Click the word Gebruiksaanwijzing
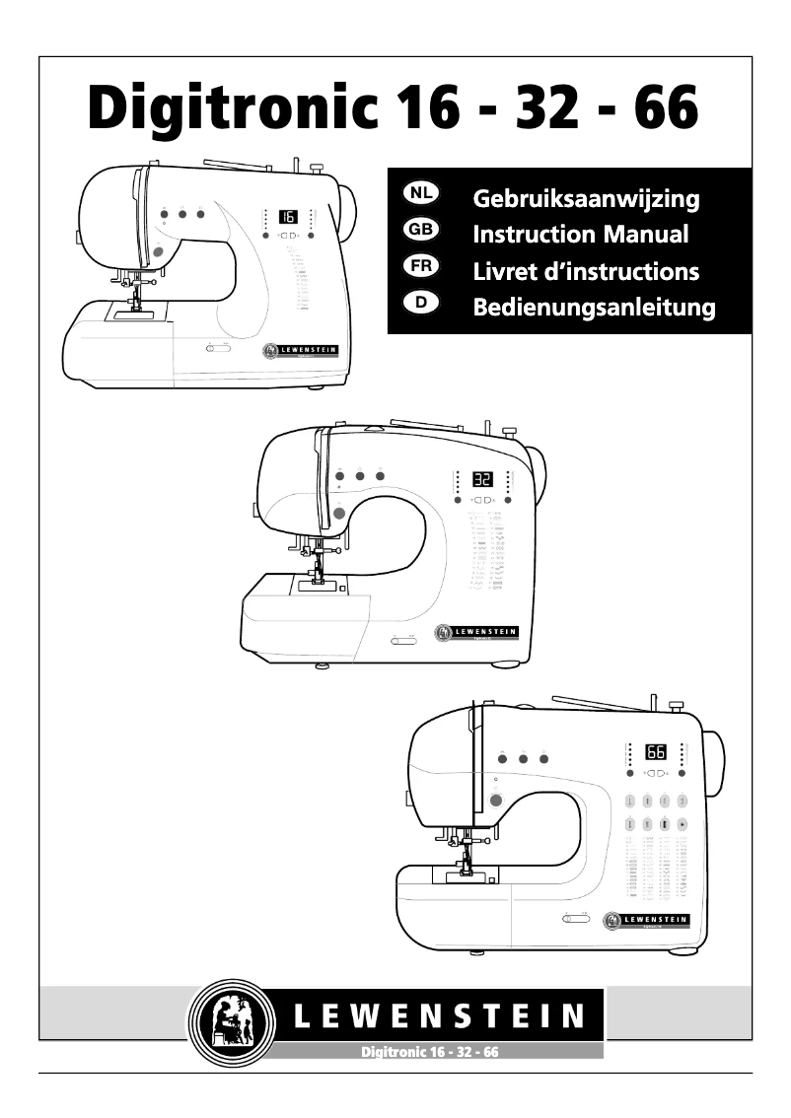click(x=587, y=199)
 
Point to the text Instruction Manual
click(x=581, y=234)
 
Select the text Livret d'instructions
click(x=586, y=270)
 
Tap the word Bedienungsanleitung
click(x=595, y=307)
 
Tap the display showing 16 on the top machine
click(x=288, y=216)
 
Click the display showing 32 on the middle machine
click(x=482, y=480)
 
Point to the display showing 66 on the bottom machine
click(x=656, y=752)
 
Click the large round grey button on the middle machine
click(x=339, y=513)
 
